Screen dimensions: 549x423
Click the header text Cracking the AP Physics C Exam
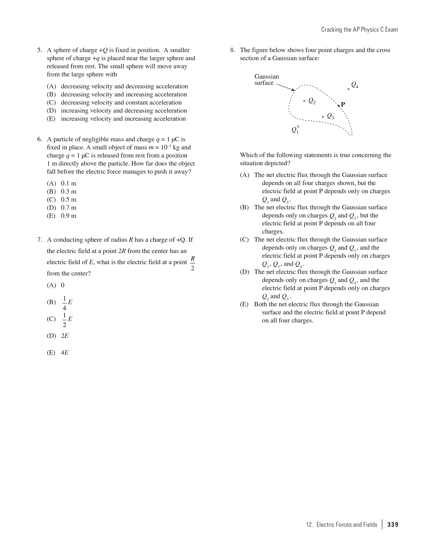(359, 30)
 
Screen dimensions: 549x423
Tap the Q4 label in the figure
(355, 85)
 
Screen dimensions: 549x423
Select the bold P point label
(343, 104)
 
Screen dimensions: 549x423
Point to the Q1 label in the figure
(295, 130)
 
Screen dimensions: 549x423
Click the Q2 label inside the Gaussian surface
(312, 101)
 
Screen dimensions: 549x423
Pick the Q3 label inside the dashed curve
(330, 116)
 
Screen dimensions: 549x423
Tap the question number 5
(39, 50)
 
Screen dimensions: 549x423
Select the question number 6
(39, 139)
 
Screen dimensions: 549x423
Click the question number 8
(233, 50)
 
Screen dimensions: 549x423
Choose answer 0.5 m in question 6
(69, 200)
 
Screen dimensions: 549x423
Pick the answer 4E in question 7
(65, 353)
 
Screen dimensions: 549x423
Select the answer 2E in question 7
(65, 336)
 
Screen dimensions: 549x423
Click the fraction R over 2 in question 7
(193, 263)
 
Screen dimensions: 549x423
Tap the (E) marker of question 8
(244, 304)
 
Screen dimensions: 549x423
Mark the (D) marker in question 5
(51, 111)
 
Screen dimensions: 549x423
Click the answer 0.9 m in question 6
(69, 216)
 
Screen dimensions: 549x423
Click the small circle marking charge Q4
(349, 89)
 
